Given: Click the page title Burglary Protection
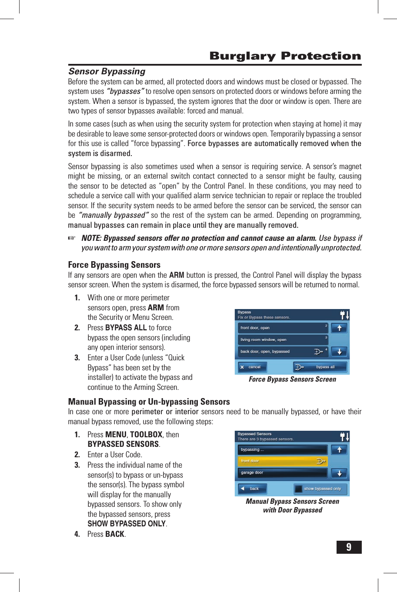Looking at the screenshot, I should [x=285, y=56].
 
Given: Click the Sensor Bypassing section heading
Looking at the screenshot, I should [x=107, y=71].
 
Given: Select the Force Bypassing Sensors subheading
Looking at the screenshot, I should [x=114, y=265].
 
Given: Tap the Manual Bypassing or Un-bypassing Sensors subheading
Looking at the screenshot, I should [x=149, y=402].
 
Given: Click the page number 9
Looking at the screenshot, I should [x=349, y=547].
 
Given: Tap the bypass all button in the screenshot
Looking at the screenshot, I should [x=320, y=367].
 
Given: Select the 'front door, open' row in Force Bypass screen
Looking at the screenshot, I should [x=283, y=328].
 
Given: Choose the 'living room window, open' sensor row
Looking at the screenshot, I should [x=283, y=339].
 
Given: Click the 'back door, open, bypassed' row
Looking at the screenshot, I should [x=283, y=351].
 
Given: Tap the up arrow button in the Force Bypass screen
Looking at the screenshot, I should [x=339, y=328].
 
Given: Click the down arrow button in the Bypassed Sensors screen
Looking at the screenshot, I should [x=339, y=473].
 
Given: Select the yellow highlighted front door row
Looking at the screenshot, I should [x=283, y=461].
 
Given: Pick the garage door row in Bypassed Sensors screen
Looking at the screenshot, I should [x=283, y=473].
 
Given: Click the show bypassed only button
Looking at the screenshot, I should [x=320, y=489].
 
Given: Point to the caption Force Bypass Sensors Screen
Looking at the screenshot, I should [x=292, y=379].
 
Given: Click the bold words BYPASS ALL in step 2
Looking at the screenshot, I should [x=126, y=328].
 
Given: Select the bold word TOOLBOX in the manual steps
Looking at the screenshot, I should [x=146, y=435].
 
